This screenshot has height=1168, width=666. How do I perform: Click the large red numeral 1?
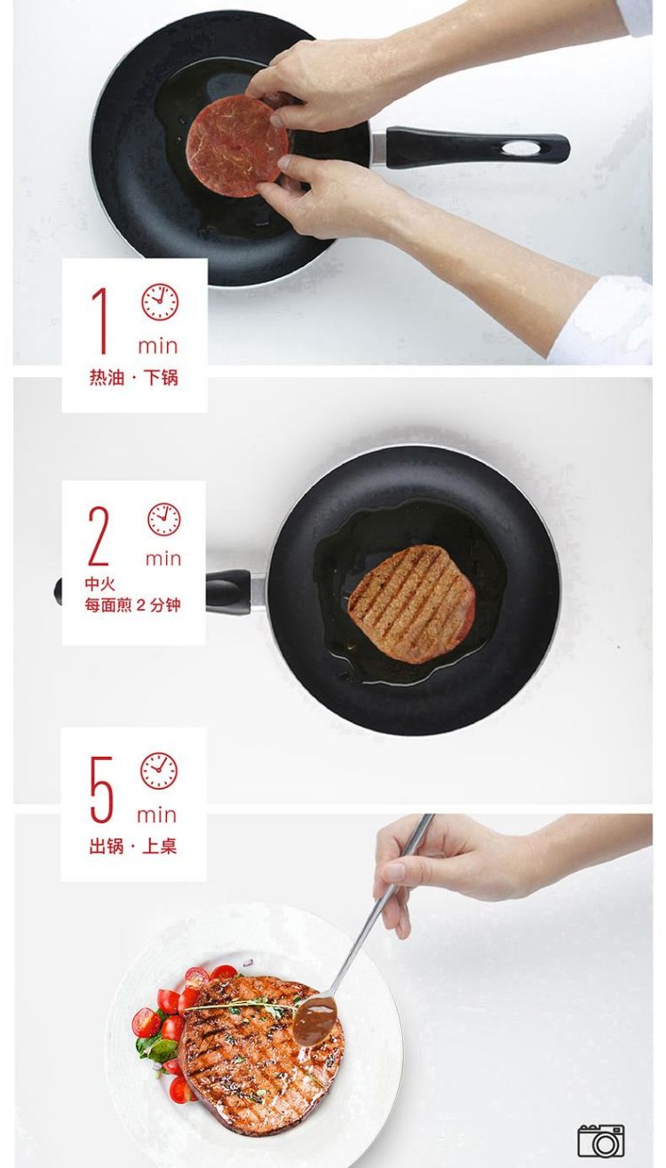[x=100, y=320]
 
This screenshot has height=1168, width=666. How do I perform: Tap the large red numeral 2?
[x=99, y=535]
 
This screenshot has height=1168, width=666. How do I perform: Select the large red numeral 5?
[x=102, y=789]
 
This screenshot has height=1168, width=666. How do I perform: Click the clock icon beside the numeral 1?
[x=160, y=302]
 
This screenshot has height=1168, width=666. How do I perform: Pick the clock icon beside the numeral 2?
[x=163, y=519]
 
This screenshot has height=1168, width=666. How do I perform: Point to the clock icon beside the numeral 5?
[x=159, y=770]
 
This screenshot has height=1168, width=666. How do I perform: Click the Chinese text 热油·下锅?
[x=133, y=377]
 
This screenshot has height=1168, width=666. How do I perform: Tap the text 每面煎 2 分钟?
[x=132, y=605]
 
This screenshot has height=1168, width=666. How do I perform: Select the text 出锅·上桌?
[x=133, y=846]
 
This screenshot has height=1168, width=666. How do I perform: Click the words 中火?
[x=99, y=583]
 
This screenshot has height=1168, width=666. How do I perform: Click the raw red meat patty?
[x=238, y=146]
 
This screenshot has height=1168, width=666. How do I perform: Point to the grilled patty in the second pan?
[x=412, y=604]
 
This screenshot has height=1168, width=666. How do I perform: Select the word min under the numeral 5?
[x=157, y=815]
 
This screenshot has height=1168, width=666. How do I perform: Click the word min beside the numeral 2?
[x=163, y=558]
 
